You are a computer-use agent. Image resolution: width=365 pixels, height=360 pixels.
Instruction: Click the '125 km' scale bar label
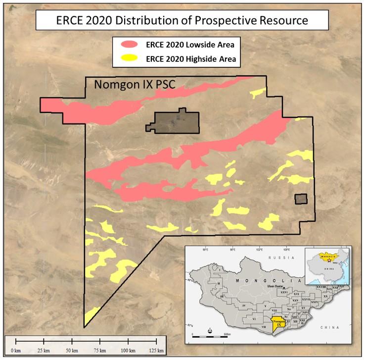click(157, 350)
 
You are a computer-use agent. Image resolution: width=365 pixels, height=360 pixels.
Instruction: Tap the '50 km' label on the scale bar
click(72, 350)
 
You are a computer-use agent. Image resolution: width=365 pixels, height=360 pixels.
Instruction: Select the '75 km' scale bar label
click(101, 350)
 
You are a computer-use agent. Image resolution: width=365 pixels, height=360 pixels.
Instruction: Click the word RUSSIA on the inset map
click(276, 258)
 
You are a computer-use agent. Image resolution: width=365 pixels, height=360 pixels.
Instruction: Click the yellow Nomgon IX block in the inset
click(279, 323)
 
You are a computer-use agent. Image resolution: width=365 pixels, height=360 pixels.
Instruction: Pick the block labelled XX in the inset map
click(325, 296)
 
